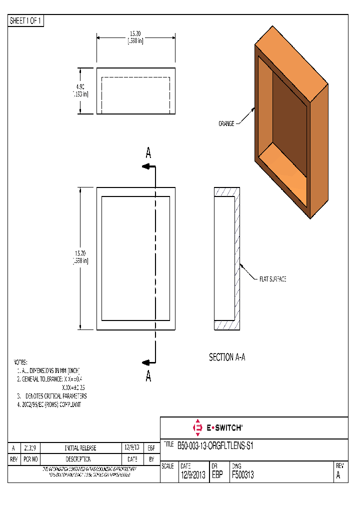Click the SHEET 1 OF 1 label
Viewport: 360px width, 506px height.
click(26, 20)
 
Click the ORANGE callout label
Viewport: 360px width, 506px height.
click(226, 123)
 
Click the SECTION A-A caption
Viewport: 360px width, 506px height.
click(226, 357)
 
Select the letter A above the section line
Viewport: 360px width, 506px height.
click(148, 154)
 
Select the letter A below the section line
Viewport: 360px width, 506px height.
click(148, 376)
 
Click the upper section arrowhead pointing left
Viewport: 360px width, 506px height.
click(145, 167)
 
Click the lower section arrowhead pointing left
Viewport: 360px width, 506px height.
click(145, 363)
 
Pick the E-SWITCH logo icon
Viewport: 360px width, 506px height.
click(197, 427)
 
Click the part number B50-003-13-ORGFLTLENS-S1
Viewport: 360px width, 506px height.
click(215, 445)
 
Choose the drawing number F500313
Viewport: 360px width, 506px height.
click(242, 475)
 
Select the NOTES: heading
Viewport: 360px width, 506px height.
click(20, 362)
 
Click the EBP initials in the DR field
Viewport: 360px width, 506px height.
click(217, 475)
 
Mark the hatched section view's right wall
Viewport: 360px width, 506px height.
click(237, 259)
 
